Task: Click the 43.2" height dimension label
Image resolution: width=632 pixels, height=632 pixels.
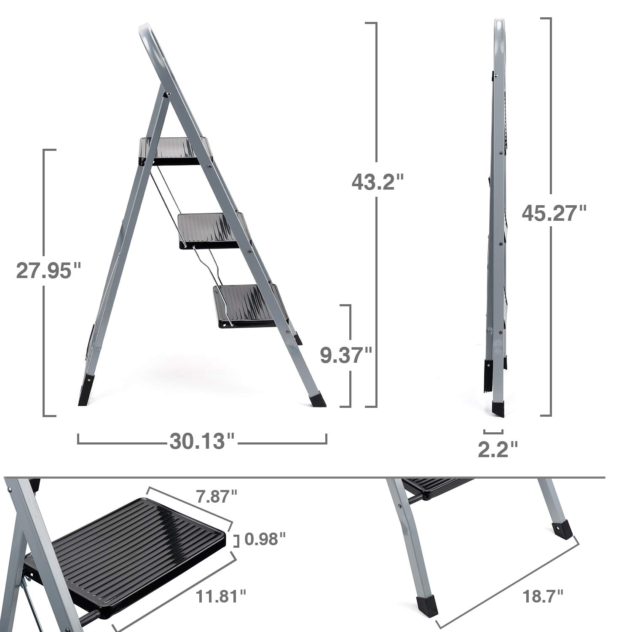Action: click(378, 182)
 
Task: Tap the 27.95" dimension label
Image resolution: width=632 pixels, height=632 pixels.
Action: click(48, 270)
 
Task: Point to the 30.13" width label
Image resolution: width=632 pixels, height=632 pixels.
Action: click(202, 441)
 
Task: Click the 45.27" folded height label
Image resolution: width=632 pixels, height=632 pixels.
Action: click(554, 213)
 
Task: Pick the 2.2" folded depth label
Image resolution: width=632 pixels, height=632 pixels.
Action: click(498, 449)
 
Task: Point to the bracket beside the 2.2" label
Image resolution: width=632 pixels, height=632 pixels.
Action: click(493, 431)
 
